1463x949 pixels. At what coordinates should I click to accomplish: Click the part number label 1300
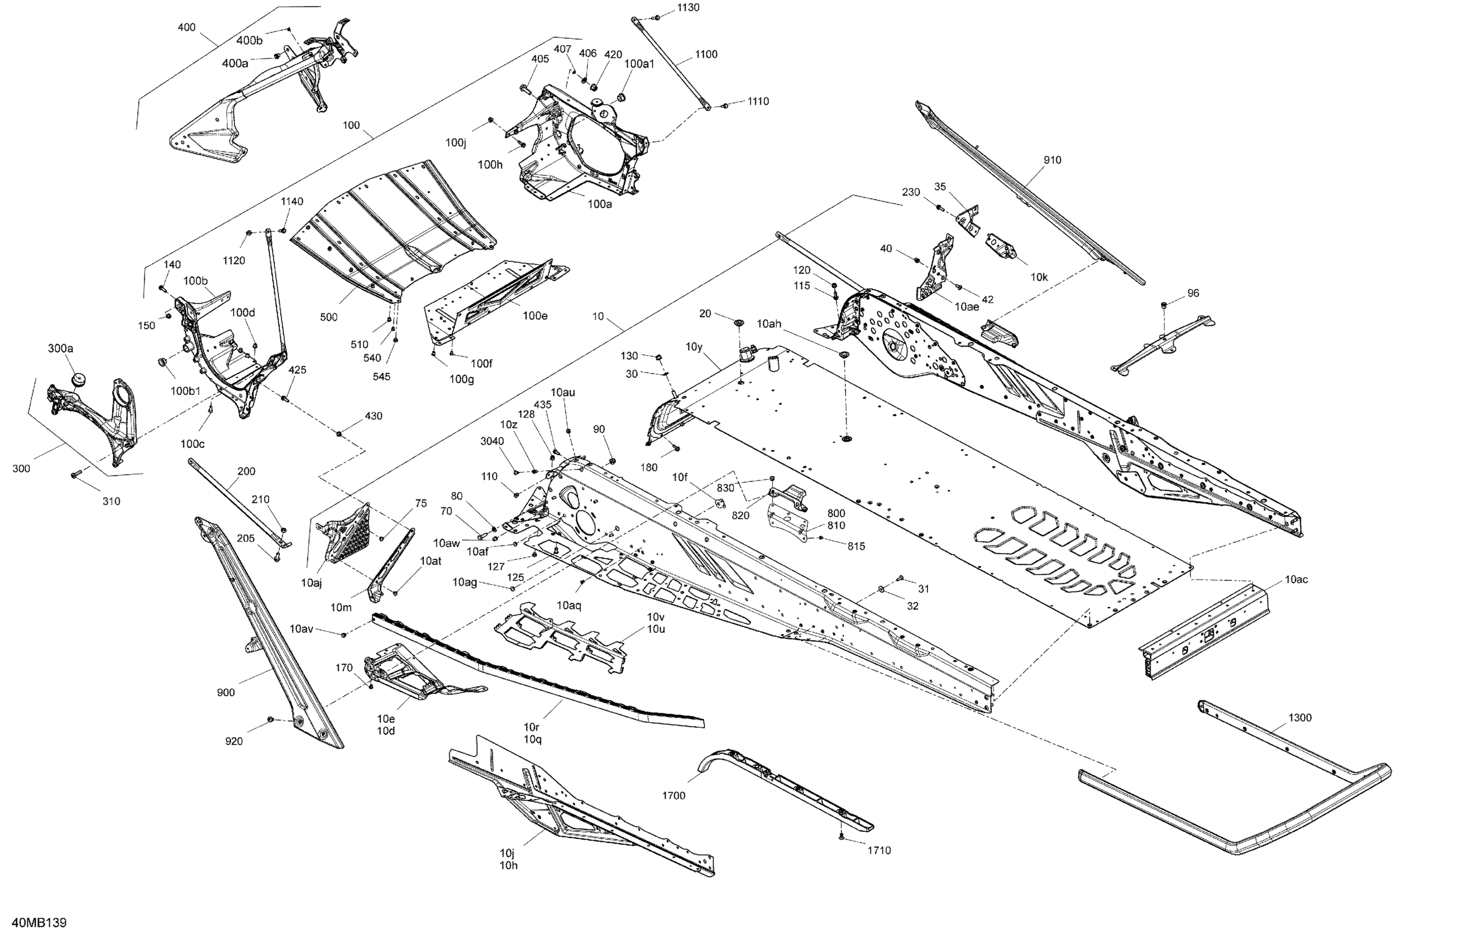pyautogui.click(x=1300, y=718)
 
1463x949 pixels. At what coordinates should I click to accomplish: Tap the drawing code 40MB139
pyautogui.click(x=39, y=923)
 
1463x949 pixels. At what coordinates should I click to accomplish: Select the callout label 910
pyautogui.click(x=1052, y=160)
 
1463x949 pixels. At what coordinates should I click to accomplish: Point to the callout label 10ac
pyautogui.click(x=1296, y=579)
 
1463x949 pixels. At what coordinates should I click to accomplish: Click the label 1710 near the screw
pyautogui.click(x=878, y=850)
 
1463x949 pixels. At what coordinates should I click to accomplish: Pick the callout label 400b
pyautogui.click(x=249, y=40)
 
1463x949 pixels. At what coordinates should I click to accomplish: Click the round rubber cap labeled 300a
pyautogui.click(x=79, y=378)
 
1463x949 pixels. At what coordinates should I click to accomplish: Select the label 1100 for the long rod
pyautogui.click(x=706, y=54)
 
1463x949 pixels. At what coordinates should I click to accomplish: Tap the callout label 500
pyautogui.click(x=328, y=317)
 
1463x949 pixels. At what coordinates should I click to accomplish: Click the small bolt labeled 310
pyautogui.click(x=76, y=474)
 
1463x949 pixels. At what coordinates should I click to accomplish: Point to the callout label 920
pyautogui.click(x=234, y=741)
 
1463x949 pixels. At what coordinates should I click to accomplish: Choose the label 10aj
pyautogui.click(x=311, y=583)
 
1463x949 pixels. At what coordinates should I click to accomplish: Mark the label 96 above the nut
pyautogui.click(x=1192, y=293)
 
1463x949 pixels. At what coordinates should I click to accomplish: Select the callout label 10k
pyautogui.click(x=1039, y=277)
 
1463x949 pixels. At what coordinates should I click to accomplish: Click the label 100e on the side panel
pyautogui.click(x=535, y=316)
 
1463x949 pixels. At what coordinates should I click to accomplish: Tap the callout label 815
pyautogui.click(x=856, y=546)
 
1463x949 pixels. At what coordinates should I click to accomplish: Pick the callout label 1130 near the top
pyautogui.click(x=688, y=7)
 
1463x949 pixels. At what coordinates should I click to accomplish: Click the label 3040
pyautogui.click(x=492, y=441)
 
